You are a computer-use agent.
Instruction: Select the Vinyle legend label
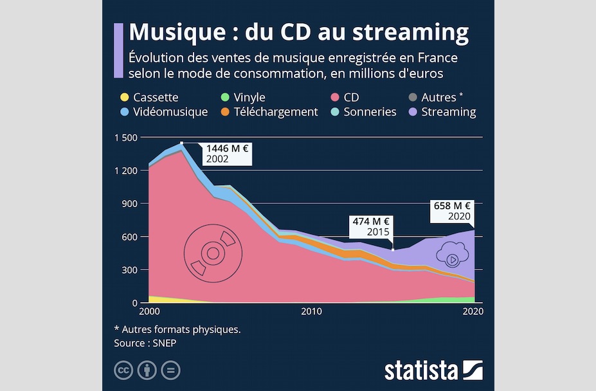click(249, 98)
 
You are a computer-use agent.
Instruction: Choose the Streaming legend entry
click(449, 112)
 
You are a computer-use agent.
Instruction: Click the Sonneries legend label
click(370, 112)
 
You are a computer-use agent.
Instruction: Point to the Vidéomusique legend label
click(170, 112)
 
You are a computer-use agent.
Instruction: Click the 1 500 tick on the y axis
click(126, 138)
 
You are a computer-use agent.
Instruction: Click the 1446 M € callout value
click(227, 148)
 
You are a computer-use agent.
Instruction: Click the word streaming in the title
click(415, 32)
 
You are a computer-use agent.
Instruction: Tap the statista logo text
click(421, 370)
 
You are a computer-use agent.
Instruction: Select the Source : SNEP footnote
click(145, 343)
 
